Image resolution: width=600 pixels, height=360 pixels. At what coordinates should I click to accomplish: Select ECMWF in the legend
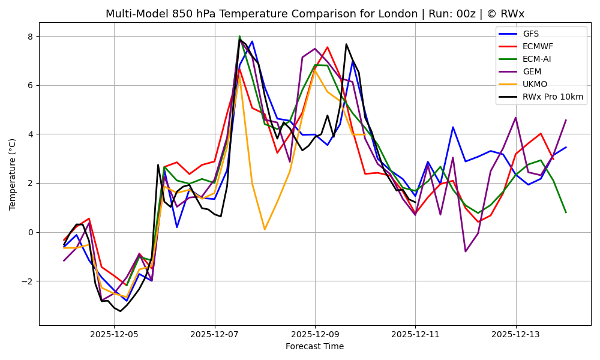(x=538, y=46)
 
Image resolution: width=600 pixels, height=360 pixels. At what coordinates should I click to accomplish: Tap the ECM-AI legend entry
(x=536, y=59)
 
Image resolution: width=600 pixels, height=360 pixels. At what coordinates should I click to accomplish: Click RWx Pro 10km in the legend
(x=553, y=97)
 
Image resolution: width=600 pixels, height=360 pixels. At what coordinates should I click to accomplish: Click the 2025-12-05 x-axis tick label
(x=114, y=334)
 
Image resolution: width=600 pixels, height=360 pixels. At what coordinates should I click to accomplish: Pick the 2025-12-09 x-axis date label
(x=315, y=334)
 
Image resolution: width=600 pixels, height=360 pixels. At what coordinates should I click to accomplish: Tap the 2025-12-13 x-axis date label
(x=515, y=334)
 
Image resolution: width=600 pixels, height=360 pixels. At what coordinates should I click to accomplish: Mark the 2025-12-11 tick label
(x=415, y=334)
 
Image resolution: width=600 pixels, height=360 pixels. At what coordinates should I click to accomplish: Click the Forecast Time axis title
(x=314, y=346)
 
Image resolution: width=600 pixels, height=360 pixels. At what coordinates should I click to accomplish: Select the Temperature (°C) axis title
(x=13, y=174)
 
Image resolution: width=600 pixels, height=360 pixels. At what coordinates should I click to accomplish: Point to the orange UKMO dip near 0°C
(x=265, y=229)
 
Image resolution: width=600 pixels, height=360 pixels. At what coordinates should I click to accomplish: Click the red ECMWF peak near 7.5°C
(x=327, y=47)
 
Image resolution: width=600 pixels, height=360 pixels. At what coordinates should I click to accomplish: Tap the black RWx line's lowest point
(x=120, y=311)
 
